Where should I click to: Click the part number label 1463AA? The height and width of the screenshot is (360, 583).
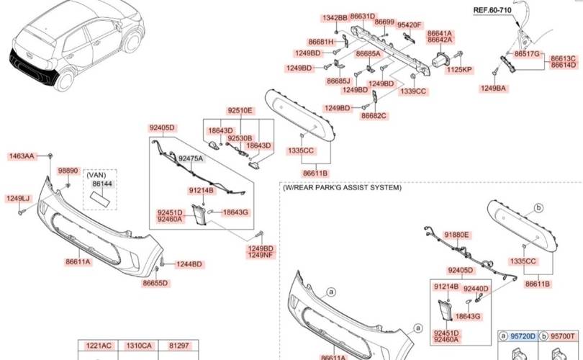click(22, 156)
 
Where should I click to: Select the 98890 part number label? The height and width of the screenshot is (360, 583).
click(68, 171)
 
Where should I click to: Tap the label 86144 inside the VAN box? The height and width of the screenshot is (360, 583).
click(102, 184)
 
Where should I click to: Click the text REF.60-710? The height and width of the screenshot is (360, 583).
click(492, 10)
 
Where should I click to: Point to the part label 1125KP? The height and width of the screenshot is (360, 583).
click(459, 70)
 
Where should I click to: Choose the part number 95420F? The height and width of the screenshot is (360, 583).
click(410, 25)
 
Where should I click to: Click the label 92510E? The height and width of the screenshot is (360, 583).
click(240, 110)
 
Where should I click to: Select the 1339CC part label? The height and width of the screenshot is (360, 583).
click(413, 91)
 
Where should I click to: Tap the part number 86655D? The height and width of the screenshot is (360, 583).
click(155, 283)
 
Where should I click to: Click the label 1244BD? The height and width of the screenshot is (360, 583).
click(189, 264)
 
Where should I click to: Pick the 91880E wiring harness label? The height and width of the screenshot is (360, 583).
click(456, 235)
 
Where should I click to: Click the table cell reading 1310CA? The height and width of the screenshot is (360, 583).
click(139, 346)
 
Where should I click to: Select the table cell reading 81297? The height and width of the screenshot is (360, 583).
click(178, 346)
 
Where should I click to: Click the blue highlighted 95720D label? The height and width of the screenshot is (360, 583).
click(523, 336)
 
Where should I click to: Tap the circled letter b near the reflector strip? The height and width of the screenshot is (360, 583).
click(539, 208)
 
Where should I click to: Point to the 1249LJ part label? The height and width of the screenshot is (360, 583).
click(17, 199)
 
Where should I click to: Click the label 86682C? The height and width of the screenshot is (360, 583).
click(374, 116)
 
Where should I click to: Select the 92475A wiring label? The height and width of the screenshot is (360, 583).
click(191, 159)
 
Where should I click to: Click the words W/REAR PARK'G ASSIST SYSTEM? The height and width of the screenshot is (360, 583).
click(342, 187)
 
